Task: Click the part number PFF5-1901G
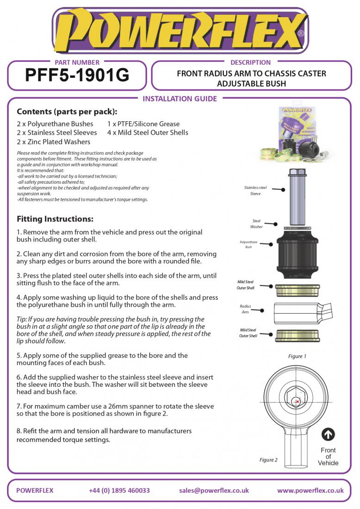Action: coord(77,75)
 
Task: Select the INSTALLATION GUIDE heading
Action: coord(180,99)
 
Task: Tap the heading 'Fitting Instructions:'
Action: coord(55,219)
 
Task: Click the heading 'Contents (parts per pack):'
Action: coord(67,112)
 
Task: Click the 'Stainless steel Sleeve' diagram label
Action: coord(255,191)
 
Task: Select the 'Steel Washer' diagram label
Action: coord(256,224)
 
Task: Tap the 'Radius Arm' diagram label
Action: coord(245,309)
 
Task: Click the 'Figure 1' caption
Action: coord(297,356)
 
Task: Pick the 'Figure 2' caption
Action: coord(268,460)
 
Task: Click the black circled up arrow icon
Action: coord(328,435)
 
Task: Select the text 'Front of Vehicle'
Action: coord(328,456)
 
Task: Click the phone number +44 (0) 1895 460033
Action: coord(119,490)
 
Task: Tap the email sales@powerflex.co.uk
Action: coord(214,490)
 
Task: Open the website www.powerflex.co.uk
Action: coord(310,490)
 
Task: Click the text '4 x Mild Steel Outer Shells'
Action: coord(148,133)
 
